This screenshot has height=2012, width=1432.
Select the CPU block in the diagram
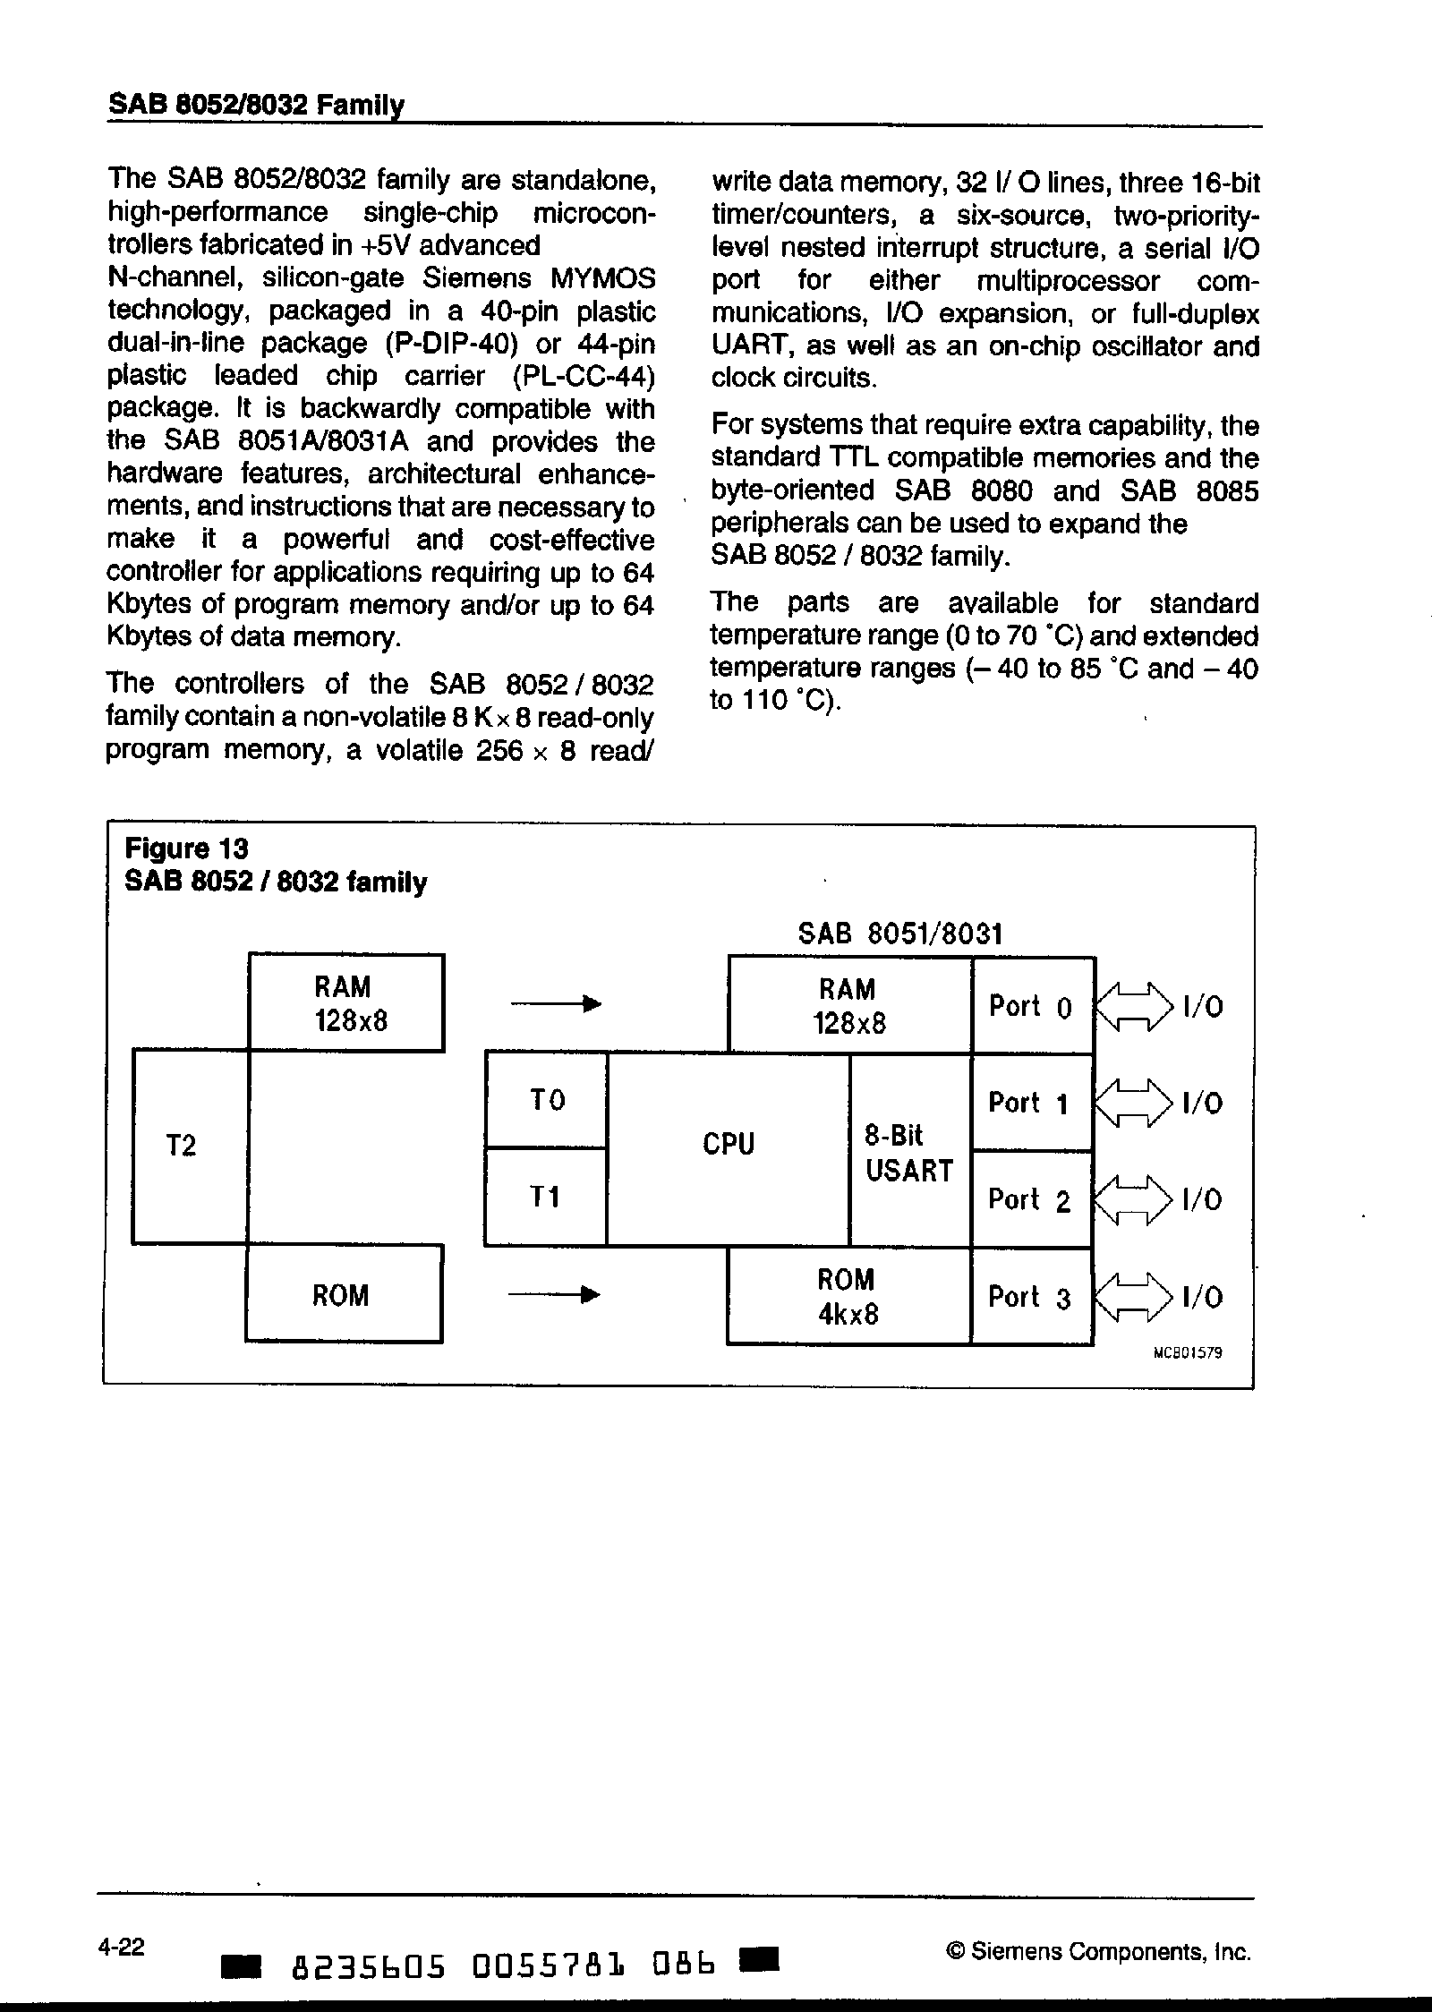pos(729,1146)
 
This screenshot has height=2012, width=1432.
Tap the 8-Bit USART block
pos(909,1153)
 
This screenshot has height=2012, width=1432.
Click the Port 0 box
pos(1031,1006)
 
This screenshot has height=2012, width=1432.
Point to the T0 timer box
pos(546,1099)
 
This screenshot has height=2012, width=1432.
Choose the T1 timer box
pos(546,1197)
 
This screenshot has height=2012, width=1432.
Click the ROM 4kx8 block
pos(848,1296)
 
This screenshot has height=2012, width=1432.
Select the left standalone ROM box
pos(343,1295)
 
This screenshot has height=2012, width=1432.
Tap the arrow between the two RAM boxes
pos(555,1004)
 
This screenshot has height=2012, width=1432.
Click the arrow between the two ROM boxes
pos(553,1294)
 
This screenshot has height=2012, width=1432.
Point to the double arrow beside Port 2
pos(1132,1200)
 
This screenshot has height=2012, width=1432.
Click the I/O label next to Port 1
pos(1202,1104)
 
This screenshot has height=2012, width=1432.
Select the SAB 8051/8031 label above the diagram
pos(899,934)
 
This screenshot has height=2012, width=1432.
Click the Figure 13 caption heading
pos(186,848)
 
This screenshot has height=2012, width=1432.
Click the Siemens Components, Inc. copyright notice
pos(1097,1952)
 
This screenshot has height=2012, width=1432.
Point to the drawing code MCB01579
pos(1188,1354)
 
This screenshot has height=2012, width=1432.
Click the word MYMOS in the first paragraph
pos(601,278)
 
